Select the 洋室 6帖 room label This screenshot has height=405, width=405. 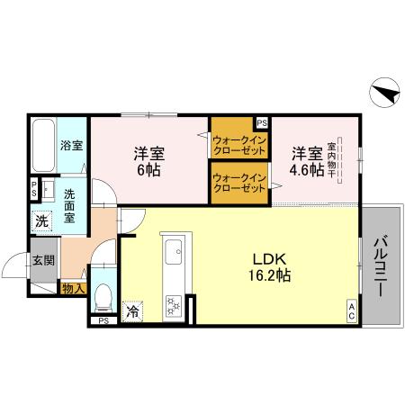point(149,162)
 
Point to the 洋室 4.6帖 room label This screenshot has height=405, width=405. point(306,162)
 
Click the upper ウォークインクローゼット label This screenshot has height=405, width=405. point(238,144)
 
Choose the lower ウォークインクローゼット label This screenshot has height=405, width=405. point(238,183)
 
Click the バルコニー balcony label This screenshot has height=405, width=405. point(381,265)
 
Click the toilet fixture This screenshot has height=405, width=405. point(103,294)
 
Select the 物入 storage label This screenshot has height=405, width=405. point(73,289)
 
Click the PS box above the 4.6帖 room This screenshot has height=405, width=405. point(262,122)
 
